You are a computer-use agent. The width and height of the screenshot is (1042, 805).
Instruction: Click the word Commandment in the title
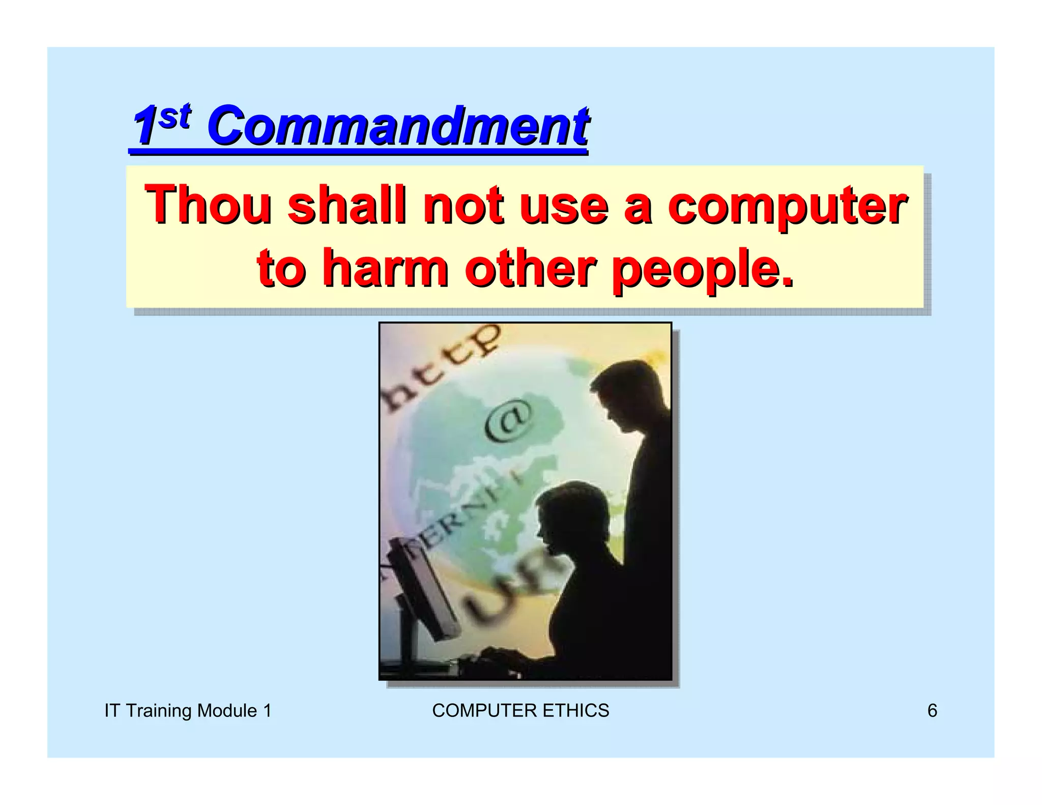pos(398,126)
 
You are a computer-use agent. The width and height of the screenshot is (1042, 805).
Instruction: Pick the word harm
pos(385,268)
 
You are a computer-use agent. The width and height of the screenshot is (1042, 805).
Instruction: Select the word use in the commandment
pos(564,206)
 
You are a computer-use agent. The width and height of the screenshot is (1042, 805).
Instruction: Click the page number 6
pos(932,710)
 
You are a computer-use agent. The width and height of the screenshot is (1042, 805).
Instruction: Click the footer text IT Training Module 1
pos(188,710)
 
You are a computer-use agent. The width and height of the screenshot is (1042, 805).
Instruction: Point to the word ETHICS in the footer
pos(575,710)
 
